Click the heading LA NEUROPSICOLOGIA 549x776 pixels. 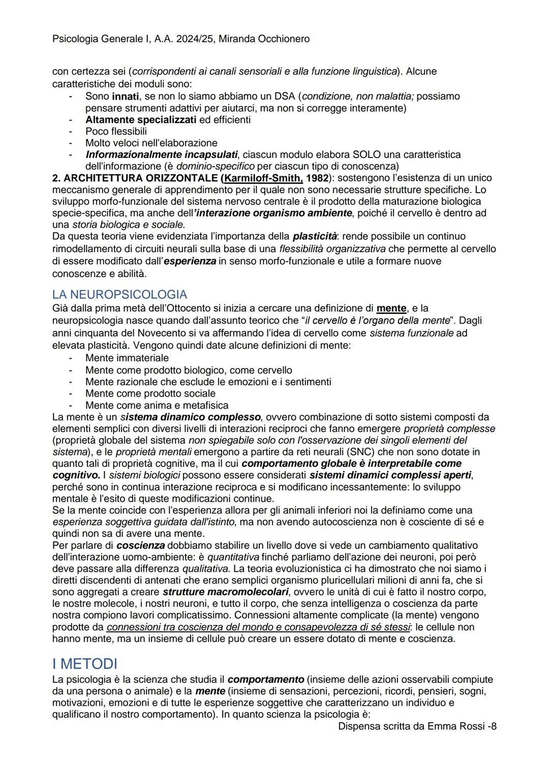(x=119, y=295)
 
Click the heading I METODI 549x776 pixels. (x=84, y=664)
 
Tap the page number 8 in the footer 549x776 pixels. (x=494, y=727)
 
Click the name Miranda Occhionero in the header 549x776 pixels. (x=264, y=39)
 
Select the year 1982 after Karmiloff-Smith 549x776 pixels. (x=318, y=178)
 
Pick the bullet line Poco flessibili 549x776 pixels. (x=116, y=131)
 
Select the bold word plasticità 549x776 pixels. (x=315, y=236)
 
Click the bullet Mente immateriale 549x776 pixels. (x=127, y=358)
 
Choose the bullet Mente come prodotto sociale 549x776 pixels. (x=150, y=393)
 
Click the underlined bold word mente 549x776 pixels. (x=391, y=308)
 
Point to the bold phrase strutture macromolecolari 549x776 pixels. (x=225, y=592)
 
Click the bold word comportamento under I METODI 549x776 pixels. (x=265, y=679)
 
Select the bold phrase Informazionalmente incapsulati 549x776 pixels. (x=161, y=154)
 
